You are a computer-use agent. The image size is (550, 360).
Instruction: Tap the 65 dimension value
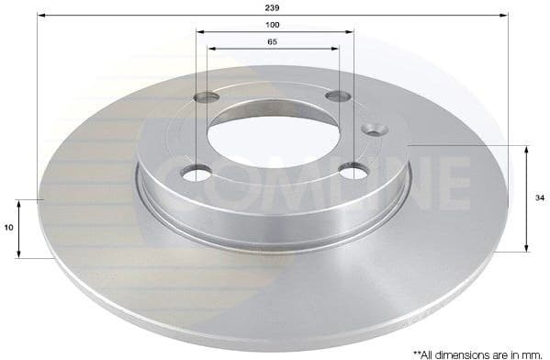[274, 42]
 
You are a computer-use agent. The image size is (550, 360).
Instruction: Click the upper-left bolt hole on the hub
[208, 96]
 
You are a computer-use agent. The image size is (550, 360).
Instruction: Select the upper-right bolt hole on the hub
[339, 96]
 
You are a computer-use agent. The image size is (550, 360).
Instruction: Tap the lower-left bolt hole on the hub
[196, 172]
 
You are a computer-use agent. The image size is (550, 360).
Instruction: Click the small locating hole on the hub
[374, 129]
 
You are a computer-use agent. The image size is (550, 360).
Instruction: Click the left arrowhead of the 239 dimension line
[40, 15]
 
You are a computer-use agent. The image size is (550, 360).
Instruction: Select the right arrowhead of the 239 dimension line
[505, 15]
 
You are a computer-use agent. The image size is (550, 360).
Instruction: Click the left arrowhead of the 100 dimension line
[199, 32]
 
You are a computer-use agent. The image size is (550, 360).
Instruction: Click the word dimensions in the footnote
[466, 352]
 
